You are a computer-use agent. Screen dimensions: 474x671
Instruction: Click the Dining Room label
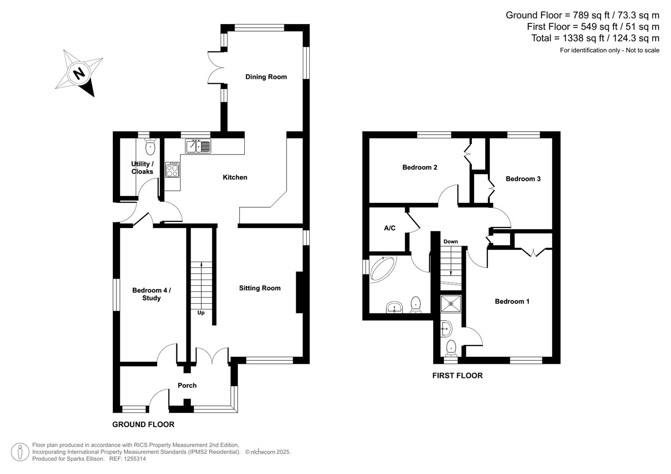[x=266, y=77]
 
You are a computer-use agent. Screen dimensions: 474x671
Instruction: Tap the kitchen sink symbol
[x=198, y=146]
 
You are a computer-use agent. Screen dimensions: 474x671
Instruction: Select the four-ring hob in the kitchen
[x=172, y=169]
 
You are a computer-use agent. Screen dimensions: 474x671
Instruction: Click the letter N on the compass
[x=79, y=73]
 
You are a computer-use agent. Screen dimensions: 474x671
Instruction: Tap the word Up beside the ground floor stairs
[x=201, y=313]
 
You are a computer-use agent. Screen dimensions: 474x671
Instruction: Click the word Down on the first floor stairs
[x=450, y=241]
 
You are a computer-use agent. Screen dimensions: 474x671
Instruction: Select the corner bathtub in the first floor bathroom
[x=383, y=268]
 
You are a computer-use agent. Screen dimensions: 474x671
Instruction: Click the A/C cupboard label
[x=390, y=228]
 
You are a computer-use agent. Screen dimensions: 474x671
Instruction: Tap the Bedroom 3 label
[x=523, y=179]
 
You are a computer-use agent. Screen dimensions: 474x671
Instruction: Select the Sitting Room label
[x=260, y=288]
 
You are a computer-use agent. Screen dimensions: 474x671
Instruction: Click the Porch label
[x=187, y=385]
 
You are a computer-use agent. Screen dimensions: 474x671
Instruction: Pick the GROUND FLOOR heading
[x=143, y=424]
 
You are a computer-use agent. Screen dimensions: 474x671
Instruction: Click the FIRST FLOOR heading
[x=457, y=375]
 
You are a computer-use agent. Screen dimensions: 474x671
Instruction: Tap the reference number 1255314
[x=134, y=459]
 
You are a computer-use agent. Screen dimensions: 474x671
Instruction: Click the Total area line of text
[x=595, y=38]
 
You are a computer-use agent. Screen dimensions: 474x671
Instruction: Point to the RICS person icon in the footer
[x=20, y=452]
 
